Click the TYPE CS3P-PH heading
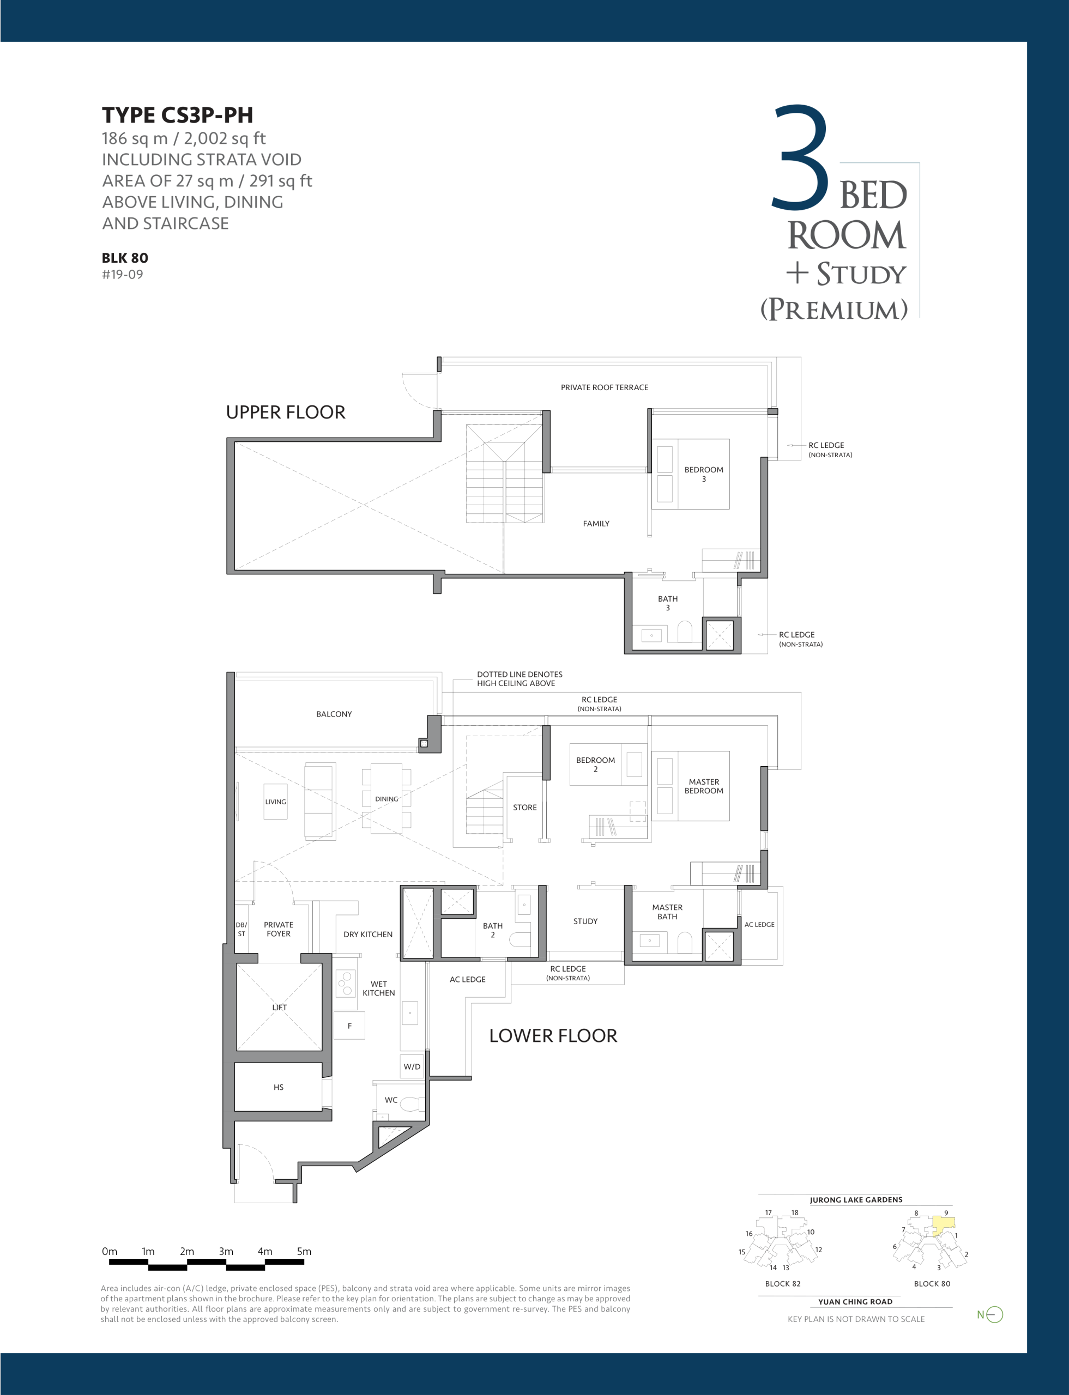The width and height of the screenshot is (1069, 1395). [178, 115]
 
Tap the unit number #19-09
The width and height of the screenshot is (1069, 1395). [122, 275]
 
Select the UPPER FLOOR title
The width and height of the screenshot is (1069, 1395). [286, 412]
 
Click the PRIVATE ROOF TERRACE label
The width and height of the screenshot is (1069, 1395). [605, 387]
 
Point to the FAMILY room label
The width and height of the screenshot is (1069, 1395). [596, 524]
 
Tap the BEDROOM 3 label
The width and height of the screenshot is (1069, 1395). [704, 475]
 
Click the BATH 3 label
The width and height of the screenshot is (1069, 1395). [667, 603]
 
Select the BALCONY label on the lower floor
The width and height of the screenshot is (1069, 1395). [334, 714]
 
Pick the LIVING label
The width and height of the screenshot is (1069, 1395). [275, 802]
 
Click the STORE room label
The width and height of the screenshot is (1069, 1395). [525, 807]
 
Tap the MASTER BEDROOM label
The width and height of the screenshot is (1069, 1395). [704, 786]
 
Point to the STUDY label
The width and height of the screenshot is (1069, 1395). [585, 921]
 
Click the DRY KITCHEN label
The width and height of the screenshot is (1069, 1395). [368, 935]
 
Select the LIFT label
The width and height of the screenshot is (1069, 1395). [279, 1008]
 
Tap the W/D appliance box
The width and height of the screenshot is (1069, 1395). [412, 1066]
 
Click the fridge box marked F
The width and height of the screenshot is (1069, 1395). [349, 1026]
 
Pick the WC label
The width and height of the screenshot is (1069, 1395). [391, 1100]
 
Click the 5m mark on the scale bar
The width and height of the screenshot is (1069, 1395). [304, 1251]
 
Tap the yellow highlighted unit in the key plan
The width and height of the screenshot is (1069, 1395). [944, 1225]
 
